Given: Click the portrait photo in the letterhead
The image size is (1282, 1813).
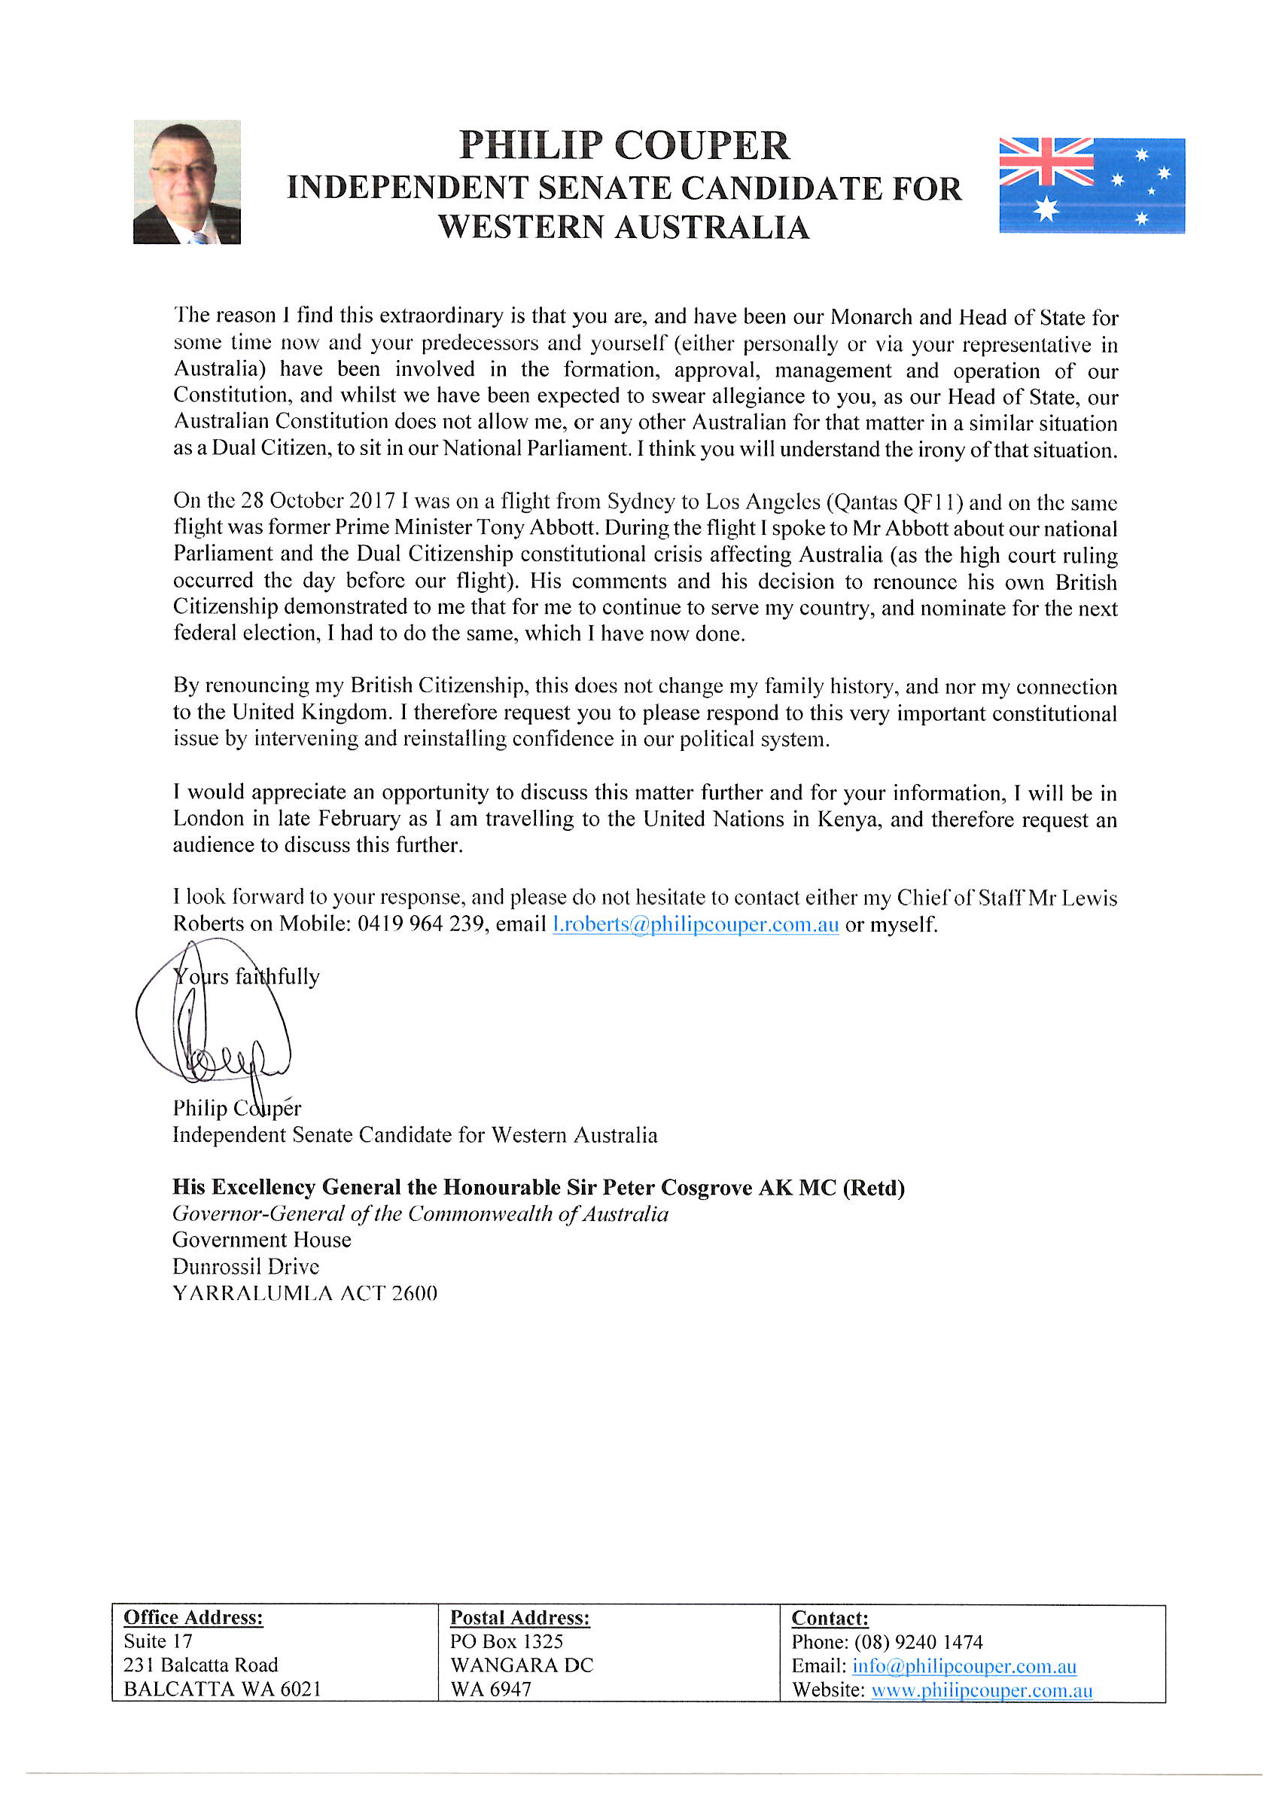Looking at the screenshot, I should pyautogui.click(x=187, y=182).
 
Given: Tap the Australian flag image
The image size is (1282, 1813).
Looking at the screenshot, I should pyautogui.click(x=1091, y=185).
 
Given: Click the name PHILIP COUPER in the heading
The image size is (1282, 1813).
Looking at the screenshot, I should pyautogui.click(x=623, y=146).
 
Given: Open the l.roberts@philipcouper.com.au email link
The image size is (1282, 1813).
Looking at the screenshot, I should pyautogui.click(x=696, y=924).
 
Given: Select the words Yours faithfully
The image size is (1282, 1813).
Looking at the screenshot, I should pyautogui.click(x=246, y=977).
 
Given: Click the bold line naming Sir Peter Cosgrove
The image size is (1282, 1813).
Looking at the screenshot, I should pyautogui.click(x=538, y=1188).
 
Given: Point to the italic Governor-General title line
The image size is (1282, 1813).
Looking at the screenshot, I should pyautogui.click(x=420, y=1213).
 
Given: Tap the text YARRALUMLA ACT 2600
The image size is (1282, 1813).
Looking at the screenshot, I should pyautogui.click(x=305, y=1293).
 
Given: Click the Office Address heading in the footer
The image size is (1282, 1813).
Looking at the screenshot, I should pyautogui.click(x=193, y=1617).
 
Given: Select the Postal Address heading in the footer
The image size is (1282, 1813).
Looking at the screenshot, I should pyautogui.click(x=519, y=1617).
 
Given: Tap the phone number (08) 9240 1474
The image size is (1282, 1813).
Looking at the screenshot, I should pyautogui.click(x=918, y=1642).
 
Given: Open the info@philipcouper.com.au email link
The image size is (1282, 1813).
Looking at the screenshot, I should pyautogui.click(x=964, y=1666).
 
